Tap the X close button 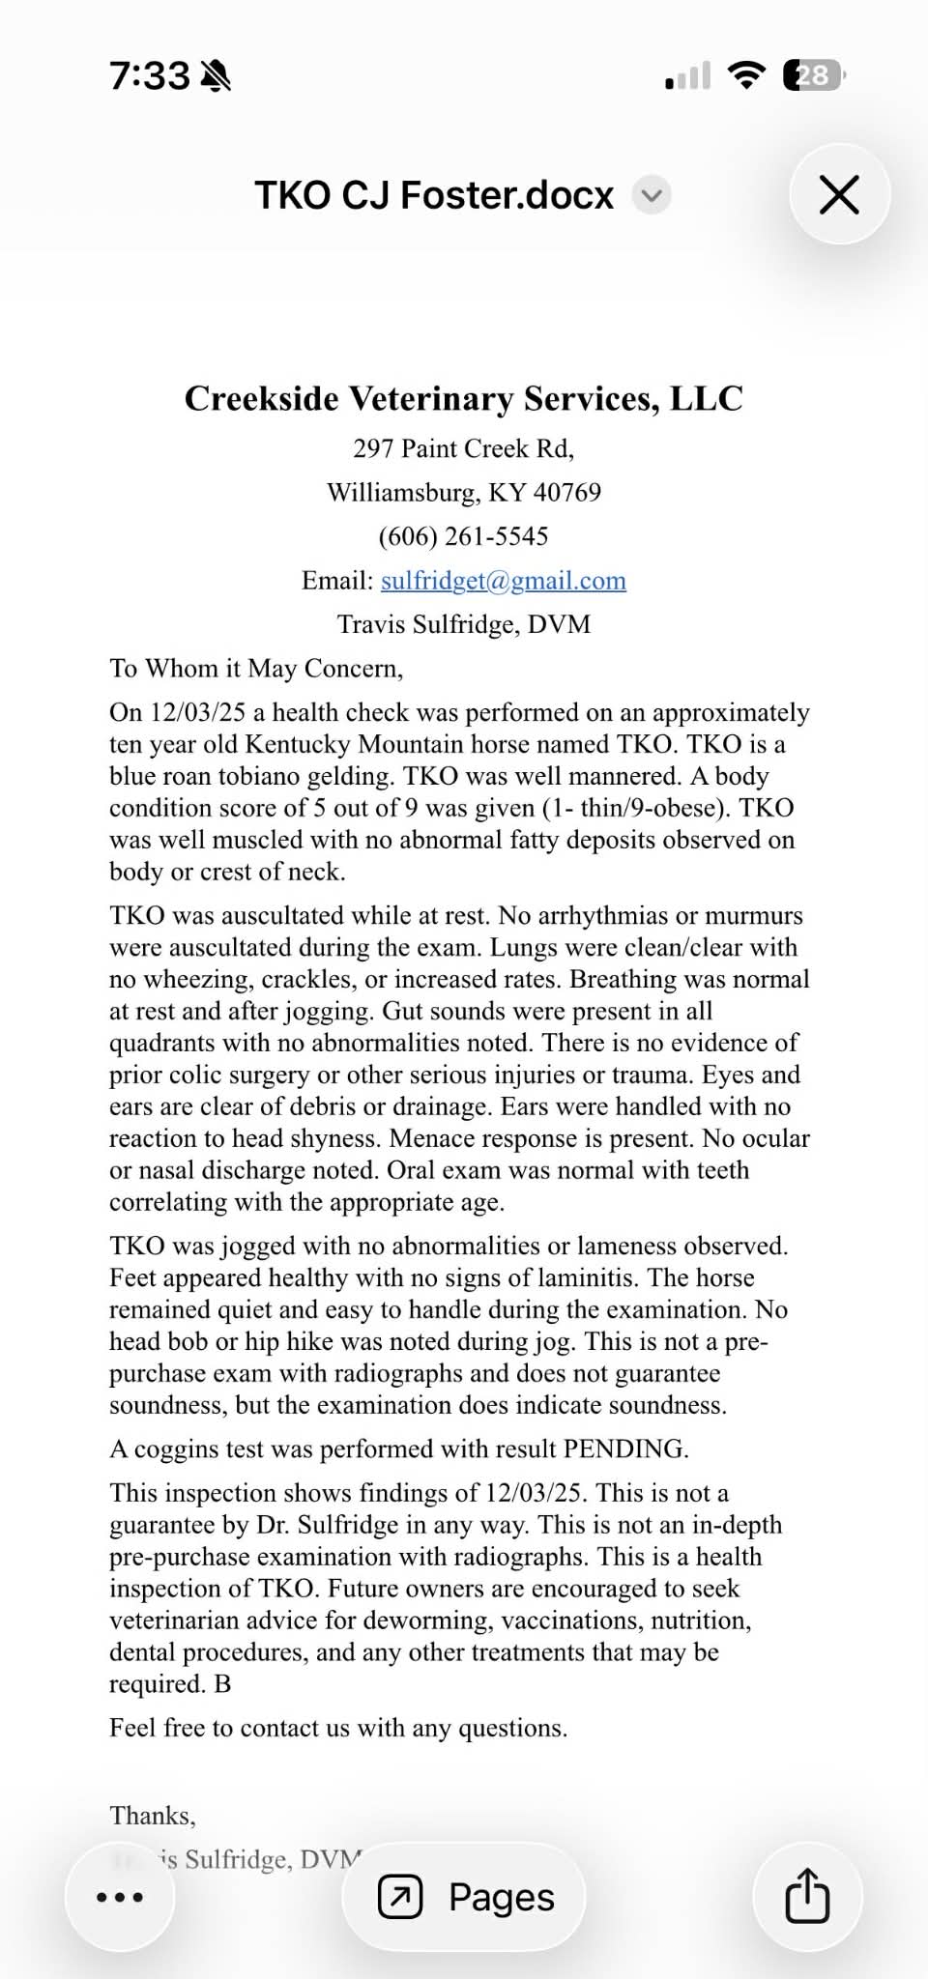click(x=839, y=194)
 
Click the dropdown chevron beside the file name click(x=652, y=195)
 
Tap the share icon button click(x=807, y=1897)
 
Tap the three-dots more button click(x=120, y=1897)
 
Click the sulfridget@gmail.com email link click(x=503, y=580)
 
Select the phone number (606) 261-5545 click(x=463, y=536)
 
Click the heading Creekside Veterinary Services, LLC click(x=463, y=398)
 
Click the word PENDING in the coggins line click(x=624, y=1448)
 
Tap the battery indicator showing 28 click(x=813, y=75)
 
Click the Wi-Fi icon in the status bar click(x=745, y=75)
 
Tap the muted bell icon click(x=215, y=75)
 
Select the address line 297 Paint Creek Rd click(x=463, y=448)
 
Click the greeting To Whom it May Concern click(x=256, y=669)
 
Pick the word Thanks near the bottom click(x=152, y=1816)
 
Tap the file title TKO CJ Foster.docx click(x=434, y=195)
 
